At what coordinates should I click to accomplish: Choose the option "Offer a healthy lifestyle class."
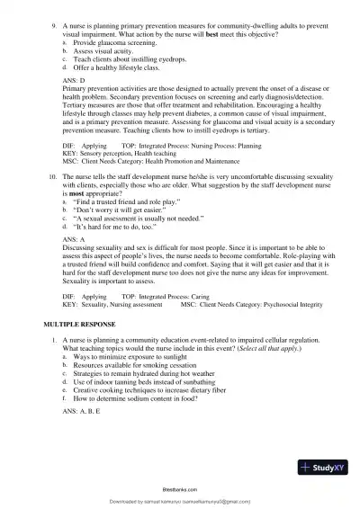pos(111,67)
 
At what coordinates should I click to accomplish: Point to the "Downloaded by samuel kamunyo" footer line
pos(179,502)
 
